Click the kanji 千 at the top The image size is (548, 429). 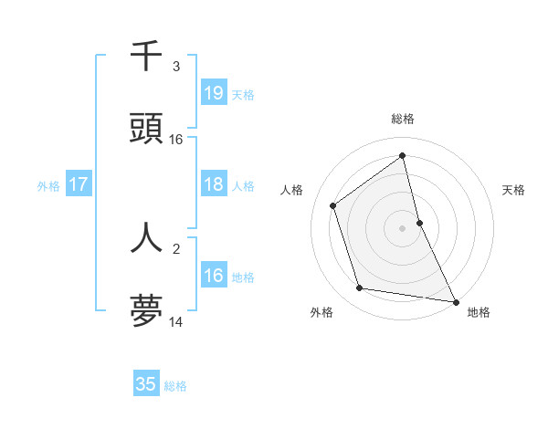(146, 57)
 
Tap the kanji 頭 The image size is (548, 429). (146, 130)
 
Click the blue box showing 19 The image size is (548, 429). (214, 92)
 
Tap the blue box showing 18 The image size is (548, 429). (214, 184)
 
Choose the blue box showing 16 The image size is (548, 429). (214, 276)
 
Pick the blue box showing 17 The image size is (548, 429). (79, 184)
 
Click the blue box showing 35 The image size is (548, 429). (146, 384)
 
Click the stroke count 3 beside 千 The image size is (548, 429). (176, 67)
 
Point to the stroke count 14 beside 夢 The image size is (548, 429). (176, 321)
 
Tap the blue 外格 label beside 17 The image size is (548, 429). (48, 185)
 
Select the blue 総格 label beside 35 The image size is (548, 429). (175, 386)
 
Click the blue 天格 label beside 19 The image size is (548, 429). (243, 94)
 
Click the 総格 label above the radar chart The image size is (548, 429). (403, 119)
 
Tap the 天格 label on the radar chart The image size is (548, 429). (514, 190)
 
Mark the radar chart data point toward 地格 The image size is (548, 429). (455, 301)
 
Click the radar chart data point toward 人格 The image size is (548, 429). (333, 205)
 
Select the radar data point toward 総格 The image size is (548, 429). (403, 156)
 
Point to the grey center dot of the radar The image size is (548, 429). (403, 227)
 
